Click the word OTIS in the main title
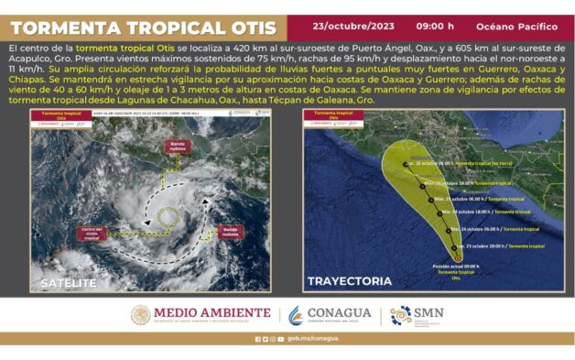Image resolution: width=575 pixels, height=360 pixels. click(x=246, y=26)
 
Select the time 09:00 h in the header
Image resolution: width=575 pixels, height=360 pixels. click(x=434, y=25)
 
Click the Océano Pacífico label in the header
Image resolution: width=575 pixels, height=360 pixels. click(x=522, y=26)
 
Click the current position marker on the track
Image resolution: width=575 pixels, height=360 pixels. click(x=458, y=256)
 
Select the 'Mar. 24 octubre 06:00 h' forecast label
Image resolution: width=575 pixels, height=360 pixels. click(x=480, y=229)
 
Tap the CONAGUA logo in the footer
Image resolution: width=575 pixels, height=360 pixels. click(x=330, y=314)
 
